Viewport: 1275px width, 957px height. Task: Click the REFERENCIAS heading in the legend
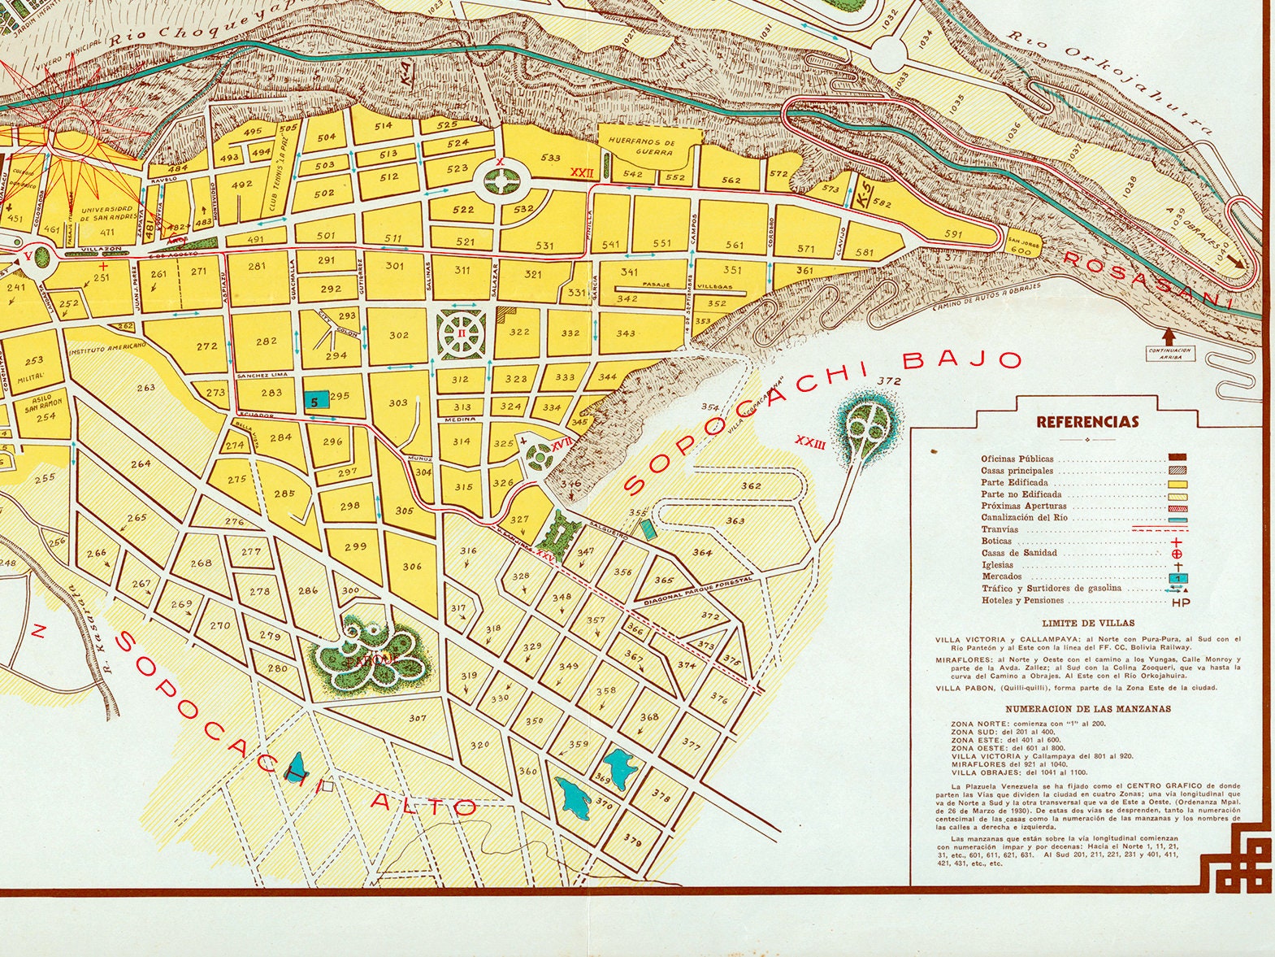click(x=1087, y=422)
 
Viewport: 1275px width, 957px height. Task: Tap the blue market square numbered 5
click(x=316, y=399)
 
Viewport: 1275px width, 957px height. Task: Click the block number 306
click(x=412, y=567)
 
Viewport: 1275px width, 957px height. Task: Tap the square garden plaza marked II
click(x=461, y=333)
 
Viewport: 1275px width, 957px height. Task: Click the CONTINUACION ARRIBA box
click(x=1169, y=352)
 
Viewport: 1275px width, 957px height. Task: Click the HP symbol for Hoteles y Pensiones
click(x=1178, y=602)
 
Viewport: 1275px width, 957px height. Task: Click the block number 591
click(x=952, y=234)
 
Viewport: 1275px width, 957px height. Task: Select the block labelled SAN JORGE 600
click(x=1020, y=247)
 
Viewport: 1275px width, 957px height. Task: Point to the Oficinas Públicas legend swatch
click(x=1177, y=459)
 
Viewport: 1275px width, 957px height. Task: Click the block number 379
click(x=632, y=838)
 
